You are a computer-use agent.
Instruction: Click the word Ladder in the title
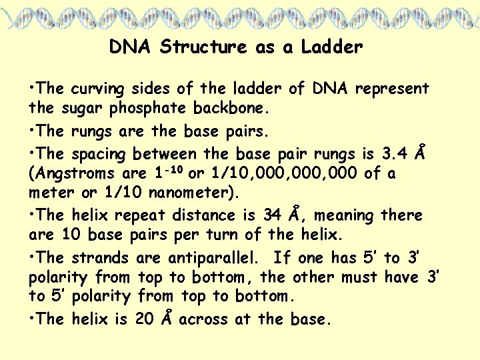[x=332, y=47]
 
